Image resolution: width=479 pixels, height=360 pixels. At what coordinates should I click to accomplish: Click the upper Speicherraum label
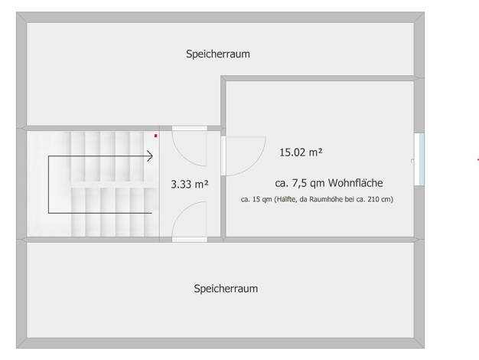click(218, 54)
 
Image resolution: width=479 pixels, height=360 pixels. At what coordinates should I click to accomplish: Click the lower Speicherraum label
click(226, 289)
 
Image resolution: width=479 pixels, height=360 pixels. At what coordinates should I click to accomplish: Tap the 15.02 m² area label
click(301, 152)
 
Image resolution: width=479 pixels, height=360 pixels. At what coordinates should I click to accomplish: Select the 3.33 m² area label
click(190, 184)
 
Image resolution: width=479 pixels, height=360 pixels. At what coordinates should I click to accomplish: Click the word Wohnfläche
click(356, 183)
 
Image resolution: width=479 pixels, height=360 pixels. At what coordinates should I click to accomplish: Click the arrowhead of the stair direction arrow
click(150, 156)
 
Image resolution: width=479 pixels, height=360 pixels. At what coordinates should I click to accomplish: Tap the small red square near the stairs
click(156, 136)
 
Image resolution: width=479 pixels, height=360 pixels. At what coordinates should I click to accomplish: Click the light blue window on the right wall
click(422, 159)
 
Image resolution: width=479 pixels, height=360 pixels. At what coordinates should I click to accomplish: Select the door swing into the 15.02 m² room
click(243, 156)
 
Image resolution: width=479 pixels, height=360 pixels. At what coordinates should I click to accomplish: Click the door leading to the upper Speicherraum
click(190, 146)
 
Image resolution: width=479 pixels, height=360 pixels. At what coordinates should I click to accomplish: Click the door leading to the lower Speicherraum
click(190, 221)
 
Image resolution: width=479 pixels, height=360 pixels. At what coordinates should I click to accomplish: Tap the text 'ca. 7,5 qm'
click(300, 183)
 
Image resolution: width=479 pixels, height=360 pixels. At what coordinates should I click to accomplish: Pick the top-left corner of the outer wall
click(16, 12)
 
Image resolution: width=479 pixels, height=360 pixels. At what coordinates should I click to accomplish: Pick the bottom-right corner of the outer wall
click(425, 348)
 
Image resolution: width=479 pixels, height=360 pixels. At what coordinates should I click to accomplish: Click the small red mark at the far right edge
click(477, 159)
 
